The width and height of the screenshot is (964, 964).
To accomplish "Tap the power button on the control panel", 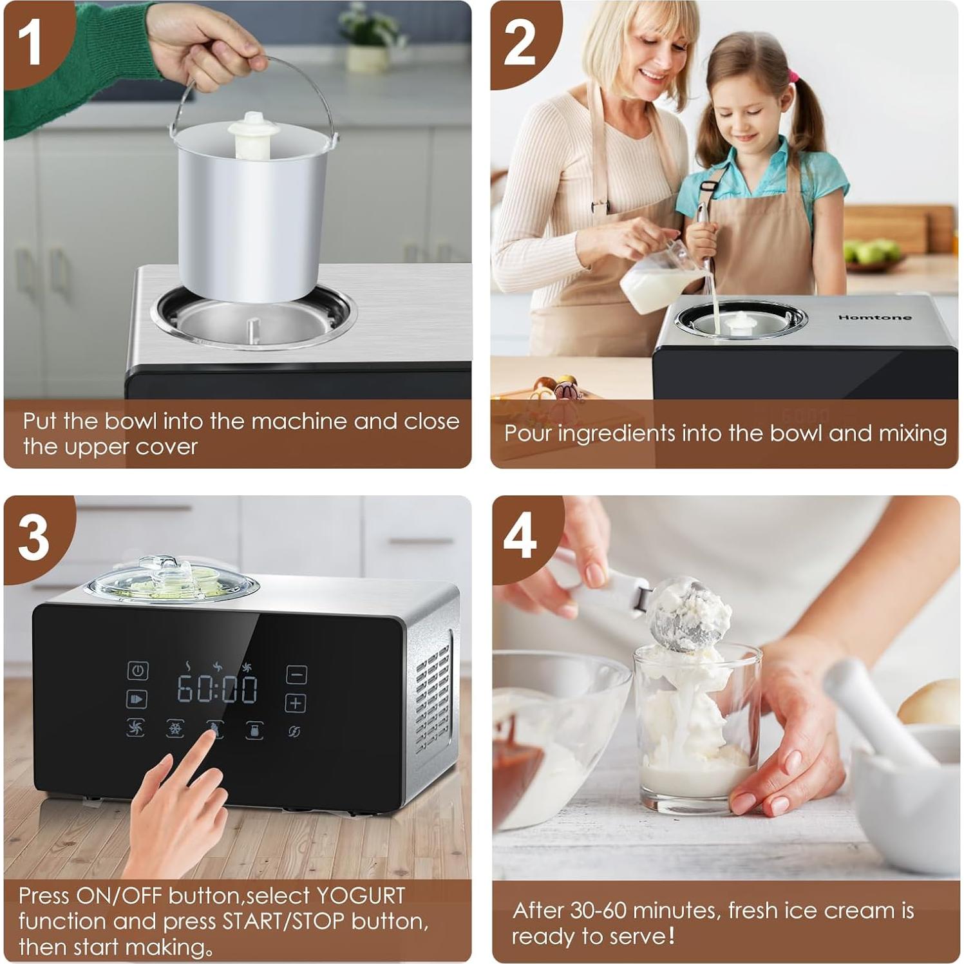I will (x=137, y=670).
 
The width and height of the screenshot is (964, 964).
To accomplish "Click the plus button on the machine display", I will (x=296, y=703).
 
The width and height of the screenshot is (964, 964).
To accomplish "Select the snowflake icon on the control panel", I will (x=175, y=729).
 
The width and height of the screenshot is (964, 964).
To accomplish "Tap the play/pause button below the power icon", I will (x=137, y=699).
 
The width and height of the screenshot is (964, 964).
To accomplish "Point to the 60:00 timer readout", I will (x=217, y=689).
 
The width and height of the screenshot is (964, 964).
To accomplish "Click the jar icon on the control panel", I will (x=254, y=730).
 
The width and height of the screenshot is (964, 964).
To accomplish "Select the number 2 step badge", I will (x=519, y=43).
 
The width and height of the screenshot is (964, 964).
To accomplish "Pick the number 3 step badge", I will (x=33, y=537).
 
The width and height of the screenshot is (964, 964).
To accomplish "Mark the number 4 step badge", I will (x=520, y=536).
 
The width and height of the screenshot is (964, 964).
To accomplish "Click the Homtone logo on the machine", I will (x=874, y=317).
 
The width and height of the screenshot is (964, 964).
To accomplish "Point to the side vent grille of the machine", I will (x=433, y=695).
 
